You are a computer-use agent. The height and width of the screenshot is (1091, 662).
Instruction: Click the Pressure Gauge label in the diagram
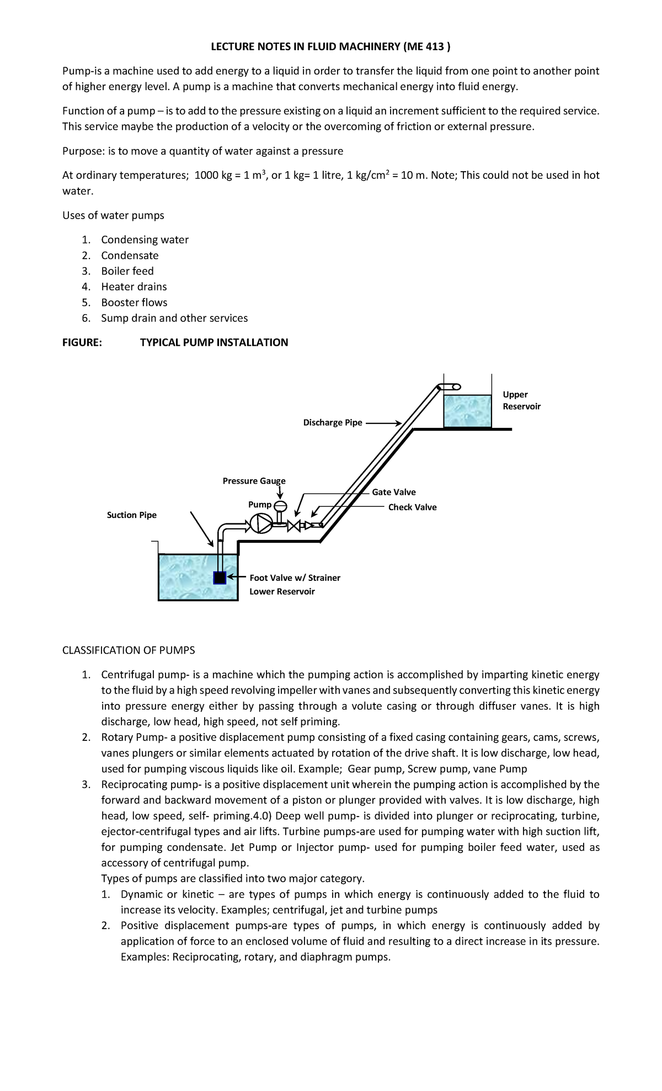254,481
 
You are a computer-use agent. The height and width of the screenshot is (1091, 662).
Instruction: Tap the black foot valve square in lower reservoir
220,578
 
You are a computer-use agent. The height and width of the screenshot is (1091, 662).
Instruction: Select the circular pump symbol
260,523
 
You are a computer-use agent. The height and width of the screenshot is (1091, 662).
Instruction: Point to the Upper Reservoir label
521,400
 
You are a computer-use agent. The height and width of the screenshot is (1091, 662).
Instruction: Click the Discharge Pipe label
333,422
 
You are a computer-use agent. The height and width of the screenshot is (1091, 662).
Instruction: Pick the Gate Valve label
393,492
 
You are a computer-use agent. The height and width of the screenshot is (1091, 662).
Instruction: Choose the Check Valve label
412,507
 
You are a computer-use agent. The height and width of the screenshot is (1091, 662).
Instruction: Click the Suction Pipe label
131,515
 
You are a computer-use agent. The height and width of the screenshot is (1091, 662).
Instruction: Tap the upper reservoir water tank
467,411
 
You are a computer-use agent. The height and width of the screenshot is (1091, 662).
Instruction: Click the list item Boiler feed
127,271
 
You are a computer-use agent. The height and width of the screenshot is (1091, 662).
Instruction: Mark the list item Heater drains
134,287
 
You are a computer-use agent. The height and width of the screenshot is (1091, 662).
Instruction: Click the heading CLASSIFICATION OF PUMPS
129,650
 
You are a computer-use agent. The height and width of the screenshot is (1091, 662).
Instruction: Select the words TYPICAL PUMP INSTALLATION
214,342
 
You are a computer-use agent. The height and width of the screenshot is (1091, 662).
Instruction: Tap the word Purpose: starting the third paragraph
83,151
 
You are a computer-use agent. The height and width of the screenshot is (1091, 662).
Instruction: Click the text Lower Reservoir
282,591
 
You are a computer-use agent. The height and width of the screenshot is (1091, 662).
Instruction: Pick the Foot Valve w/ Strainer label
295,578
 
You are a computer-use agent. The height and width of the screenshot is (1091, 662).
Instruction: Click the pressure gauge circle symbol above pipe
280,506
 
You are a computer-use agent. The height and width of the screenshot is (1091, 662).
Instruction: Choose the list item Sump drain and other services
174,318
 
